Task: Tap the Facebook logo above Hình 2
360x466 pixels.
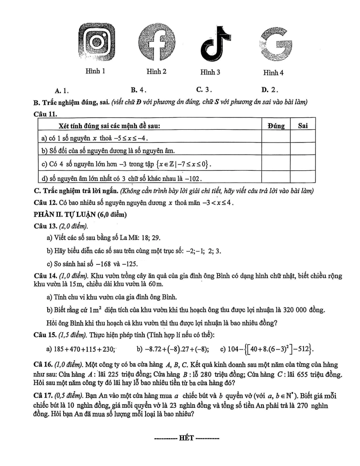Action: [x=157, y=42]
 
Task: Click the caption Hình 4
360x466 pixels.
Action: [x=273, y=72]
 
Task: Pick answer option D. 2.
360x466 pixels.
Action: [x=269, y=90]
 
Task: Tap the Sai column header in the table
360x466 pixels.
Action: [x=303, y=126]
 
